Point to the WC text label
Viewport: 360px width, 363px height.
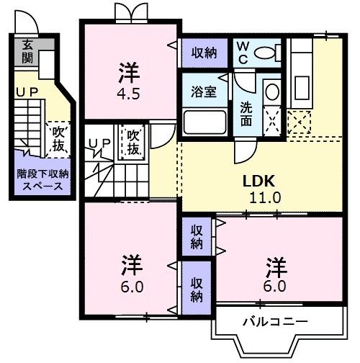(243, 52)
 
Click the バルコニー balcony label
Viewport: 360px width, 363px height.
(274, 321)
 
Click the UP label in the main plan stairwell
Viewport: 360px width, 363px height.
(99, 144)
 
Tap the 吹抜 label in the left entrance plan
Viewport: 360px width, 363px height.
(58, 140)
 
